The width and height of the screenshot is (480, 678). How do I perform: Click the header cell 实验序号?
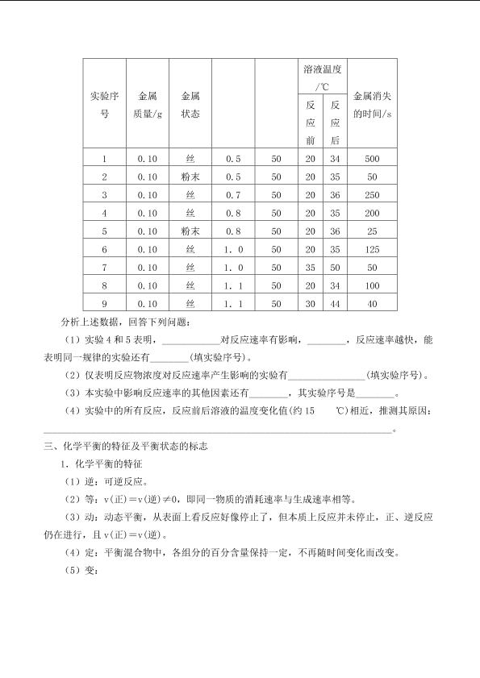(x=104, y=105)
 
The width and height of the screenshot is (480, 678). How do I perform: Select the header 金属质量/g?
(x=148, y=105)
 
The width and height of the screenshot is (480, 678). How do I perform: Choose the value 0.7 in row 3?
(x=233, y=195)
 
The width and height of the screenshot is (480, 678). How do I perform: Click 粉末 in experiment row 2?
(x=190, y=177)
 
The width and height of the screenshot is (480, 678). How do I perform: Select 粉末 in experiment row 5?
(x=190, y=231)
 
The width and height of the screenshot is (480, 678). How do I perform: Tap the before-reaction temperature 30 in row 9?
(x=311, y=304)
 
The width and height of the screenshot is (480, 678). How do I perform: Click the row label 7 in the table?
(x=104, y=268)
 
